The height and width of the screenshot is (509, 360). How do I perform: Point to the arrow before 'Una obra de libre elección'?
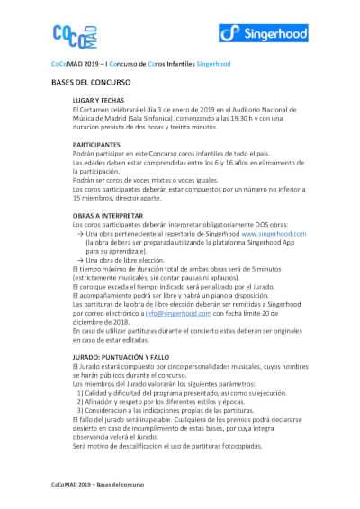coord(81,259)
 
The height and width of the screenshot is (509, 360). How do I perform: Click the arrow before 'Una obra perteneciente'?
coord(81,233)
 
